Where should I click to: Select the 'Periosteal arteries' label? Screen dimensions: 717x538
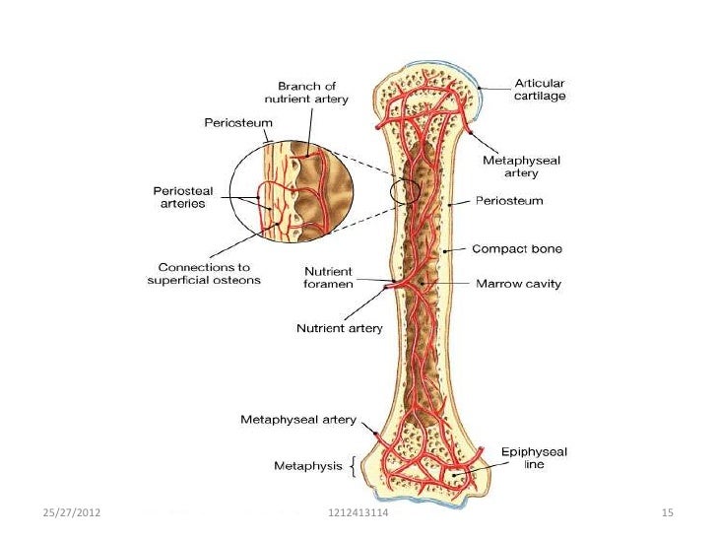click(x=176, y=196)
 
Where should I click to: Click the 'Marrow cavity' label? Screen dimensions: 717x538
click(x=518, y=284)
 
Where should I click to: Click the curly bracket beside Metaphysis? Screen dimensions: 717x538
click(x=354, y=465)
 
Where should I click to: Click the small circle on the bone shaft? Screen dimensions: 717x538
click(x=405, y=193)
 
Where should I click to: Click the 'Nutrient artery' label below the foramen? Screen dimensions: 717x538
click(x=340, y=328)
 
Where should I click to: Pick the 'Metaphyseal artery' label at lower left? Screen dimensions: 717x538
click(x=298, y=421)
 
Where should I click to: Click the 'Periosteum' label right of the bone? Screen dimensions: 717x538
click(x=509, y=201)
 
